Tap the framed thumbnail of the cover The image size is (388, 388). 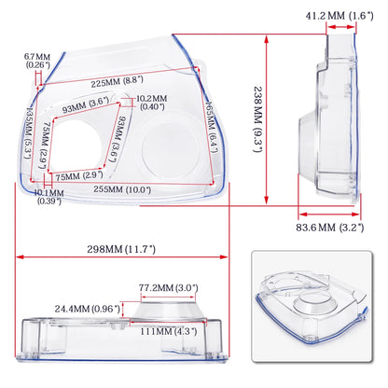pos(317,312)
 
